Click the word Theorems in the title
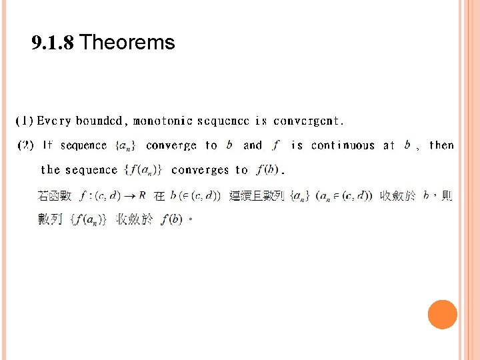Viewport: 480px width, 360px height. click(127, 43)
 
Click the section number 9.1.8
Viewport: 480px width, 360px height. click(54, 43)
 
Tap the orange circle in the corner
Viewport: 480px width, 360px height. click(442, 315)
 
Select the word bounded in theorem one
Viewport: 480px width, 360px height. click(99, 121)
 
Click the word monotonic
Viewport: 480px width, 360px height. click(163, 121)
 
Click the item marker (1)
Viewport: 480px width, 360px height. click(25, 121)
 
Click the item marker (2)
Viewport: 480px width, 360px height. click(25, 145)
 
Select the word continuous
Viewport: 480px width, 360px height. click(343, 145)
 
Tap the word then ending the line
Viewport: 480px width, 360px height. click(441, 145)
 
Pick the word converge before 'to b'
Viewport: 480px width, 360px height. click(171, 145)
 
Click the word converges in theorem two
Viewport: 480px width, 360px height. click(200, 170)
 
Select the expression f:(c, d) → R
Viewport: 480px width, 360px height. click(113, 196)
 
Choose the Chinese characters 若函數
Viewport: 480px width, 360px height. click(54, 196)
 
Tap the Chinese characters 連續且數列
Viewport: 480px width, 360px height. click(257, 196)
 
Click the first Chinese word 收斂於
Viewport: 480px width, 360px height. click(397, 196)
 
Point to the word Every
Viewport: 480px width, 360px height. click(54, 121)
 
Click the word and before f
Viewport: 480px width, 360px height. click(253, 145)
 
